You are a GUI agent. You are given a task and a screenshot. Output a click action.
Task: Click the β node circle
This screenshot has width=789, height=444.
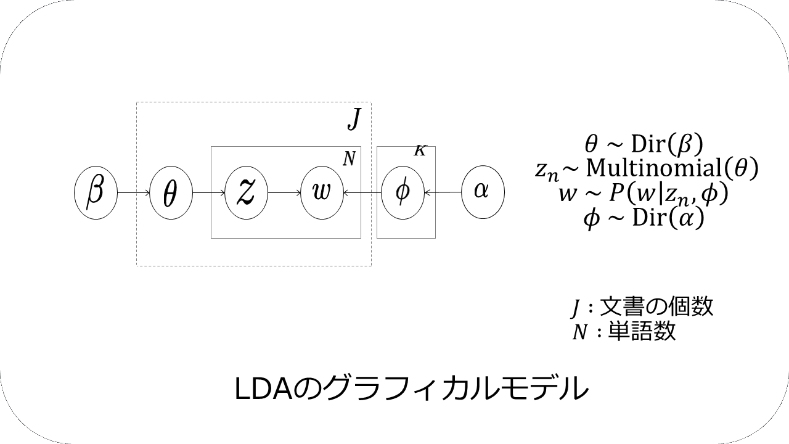pyautogui.click(x=95, y=192)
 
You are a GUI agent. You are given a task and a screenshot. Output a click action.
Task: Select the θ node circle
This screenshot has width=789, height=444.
pyautogui.click(x=171, y=192)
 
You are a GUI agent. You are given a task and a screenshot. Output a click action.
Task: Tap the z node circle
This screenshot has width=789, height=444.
pyautogui.click(x=247, y=192)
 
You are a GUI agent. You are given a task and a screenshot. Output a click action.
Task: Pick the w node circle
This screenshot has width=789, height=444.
pyautogui.click(x=322, y=192)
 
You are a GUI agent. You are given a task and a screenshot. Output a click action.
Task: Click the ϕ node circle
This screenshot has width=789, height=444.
pyautogui.click(x=403, y=192)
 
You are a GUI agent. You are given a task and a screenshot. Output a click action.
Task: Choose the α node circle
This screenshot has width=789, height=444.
pyautogui.click(x=483, y=192)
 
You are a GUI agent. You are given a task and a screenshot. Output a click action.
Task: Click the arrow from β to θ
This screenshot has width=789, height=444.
pyautogui.click(x=133, y=192)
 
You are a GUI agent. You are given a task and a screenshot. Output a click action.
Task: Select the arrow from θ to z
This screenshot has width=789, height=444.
pyautogui.click(x=209, y=192)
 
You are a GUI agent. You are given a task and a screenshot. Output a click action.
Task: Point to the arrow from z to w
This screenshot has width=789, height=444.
pyautogui.click(x=284, y=192)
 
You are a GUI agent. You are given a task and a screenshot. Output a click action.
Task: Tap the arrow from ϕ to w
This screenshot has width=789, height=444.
pyautogui.click(x=362, y=192)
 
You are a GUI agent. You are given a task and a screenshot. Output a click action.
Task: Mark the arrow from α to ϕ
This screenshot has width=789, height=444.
pyautogui.click(x=443, y=192)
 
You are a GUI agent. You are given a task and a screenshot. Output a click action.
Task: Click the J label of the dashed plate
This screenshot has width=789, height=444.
pyautogui.click(x=353, y=119)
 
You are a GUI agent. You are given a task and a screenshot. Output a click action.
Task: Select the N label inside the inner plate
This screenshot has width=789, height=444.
pyautogui.click(x=349, y=159)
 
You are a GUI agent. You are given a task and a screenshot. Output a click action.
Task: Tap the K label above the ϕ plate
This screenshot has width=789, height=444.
pyautogui.click(x=420, y=151)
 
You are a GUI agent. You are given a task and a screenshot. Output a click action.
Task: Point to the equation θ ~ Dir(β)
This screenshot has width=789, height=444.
pyautogui.click(x=644, y=144)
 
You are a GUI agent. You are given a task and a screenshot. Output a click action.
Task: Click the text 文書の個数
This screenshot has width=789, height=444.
pyautogui.click(x=656, y=306)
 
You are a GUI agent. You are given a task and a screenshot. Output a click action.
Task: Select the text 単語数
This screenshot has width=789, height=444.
pyautogui.click(x=638, y=332)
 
